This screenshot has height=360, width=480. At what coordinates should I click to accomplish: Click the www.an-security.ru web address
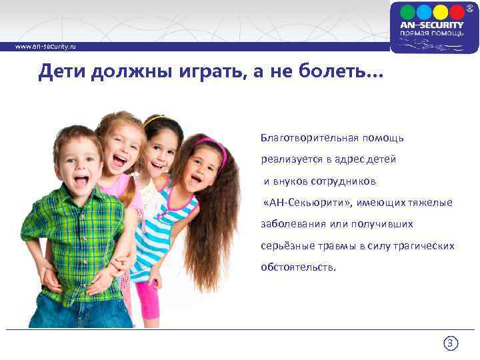coord(47,47)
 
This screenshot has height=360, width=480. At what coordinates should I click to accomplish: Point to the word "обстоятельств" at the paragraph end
coord(297,267)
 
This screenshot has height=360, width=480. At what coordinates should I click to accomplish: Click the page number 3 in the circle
coord(451,344)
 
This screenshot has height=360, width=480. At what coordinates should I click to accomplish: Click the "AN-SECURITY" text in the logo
coord(431,25)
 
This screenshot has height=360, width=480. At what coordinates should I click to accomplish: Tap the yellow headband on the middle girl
coord(154,120)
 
